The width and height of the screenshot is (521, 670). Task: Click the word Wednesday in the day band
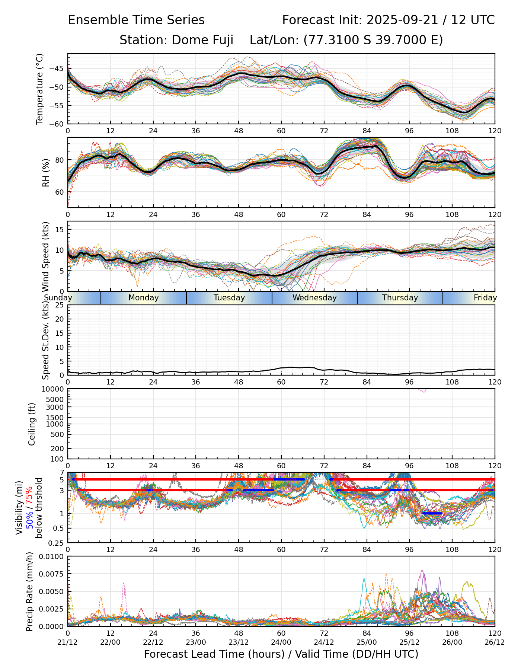point(314,298)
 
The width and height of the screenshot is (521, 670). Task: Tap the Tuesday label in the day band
point(229,298)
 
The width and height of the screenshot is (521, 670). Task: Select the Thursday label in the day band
point(400,298)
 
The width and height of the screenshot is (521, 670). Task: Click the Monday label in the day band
point(144,298)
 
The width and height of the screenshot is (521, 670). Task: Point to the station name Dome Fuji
point(202,40)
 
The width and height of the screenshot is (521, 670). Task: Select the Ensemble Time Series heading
point(136,20)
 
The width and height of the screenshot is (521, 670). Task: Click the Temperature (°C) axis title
point(40,89)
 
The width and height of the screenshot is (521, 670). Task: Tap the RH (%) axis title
point(46,172)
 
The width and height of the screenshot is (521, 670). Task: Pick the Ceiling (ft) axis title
point(32,424)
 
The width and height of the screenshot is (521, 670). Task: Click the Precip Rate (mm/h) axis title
point(30,591)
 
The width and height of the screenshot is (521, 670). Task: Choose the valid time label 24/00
point(281,642)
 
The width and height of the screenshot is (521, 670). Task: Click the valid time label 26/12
point(495,642)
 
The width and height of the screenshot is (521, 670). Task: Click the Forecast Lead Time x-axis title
point(281,654)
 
